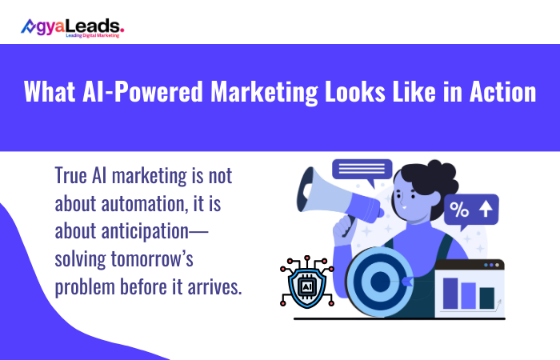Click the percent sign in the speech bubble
(x=459, y=210)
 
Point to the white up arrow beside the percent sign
(x=484, y=210)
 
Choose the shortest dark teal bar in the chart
(x=486, y=298)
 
